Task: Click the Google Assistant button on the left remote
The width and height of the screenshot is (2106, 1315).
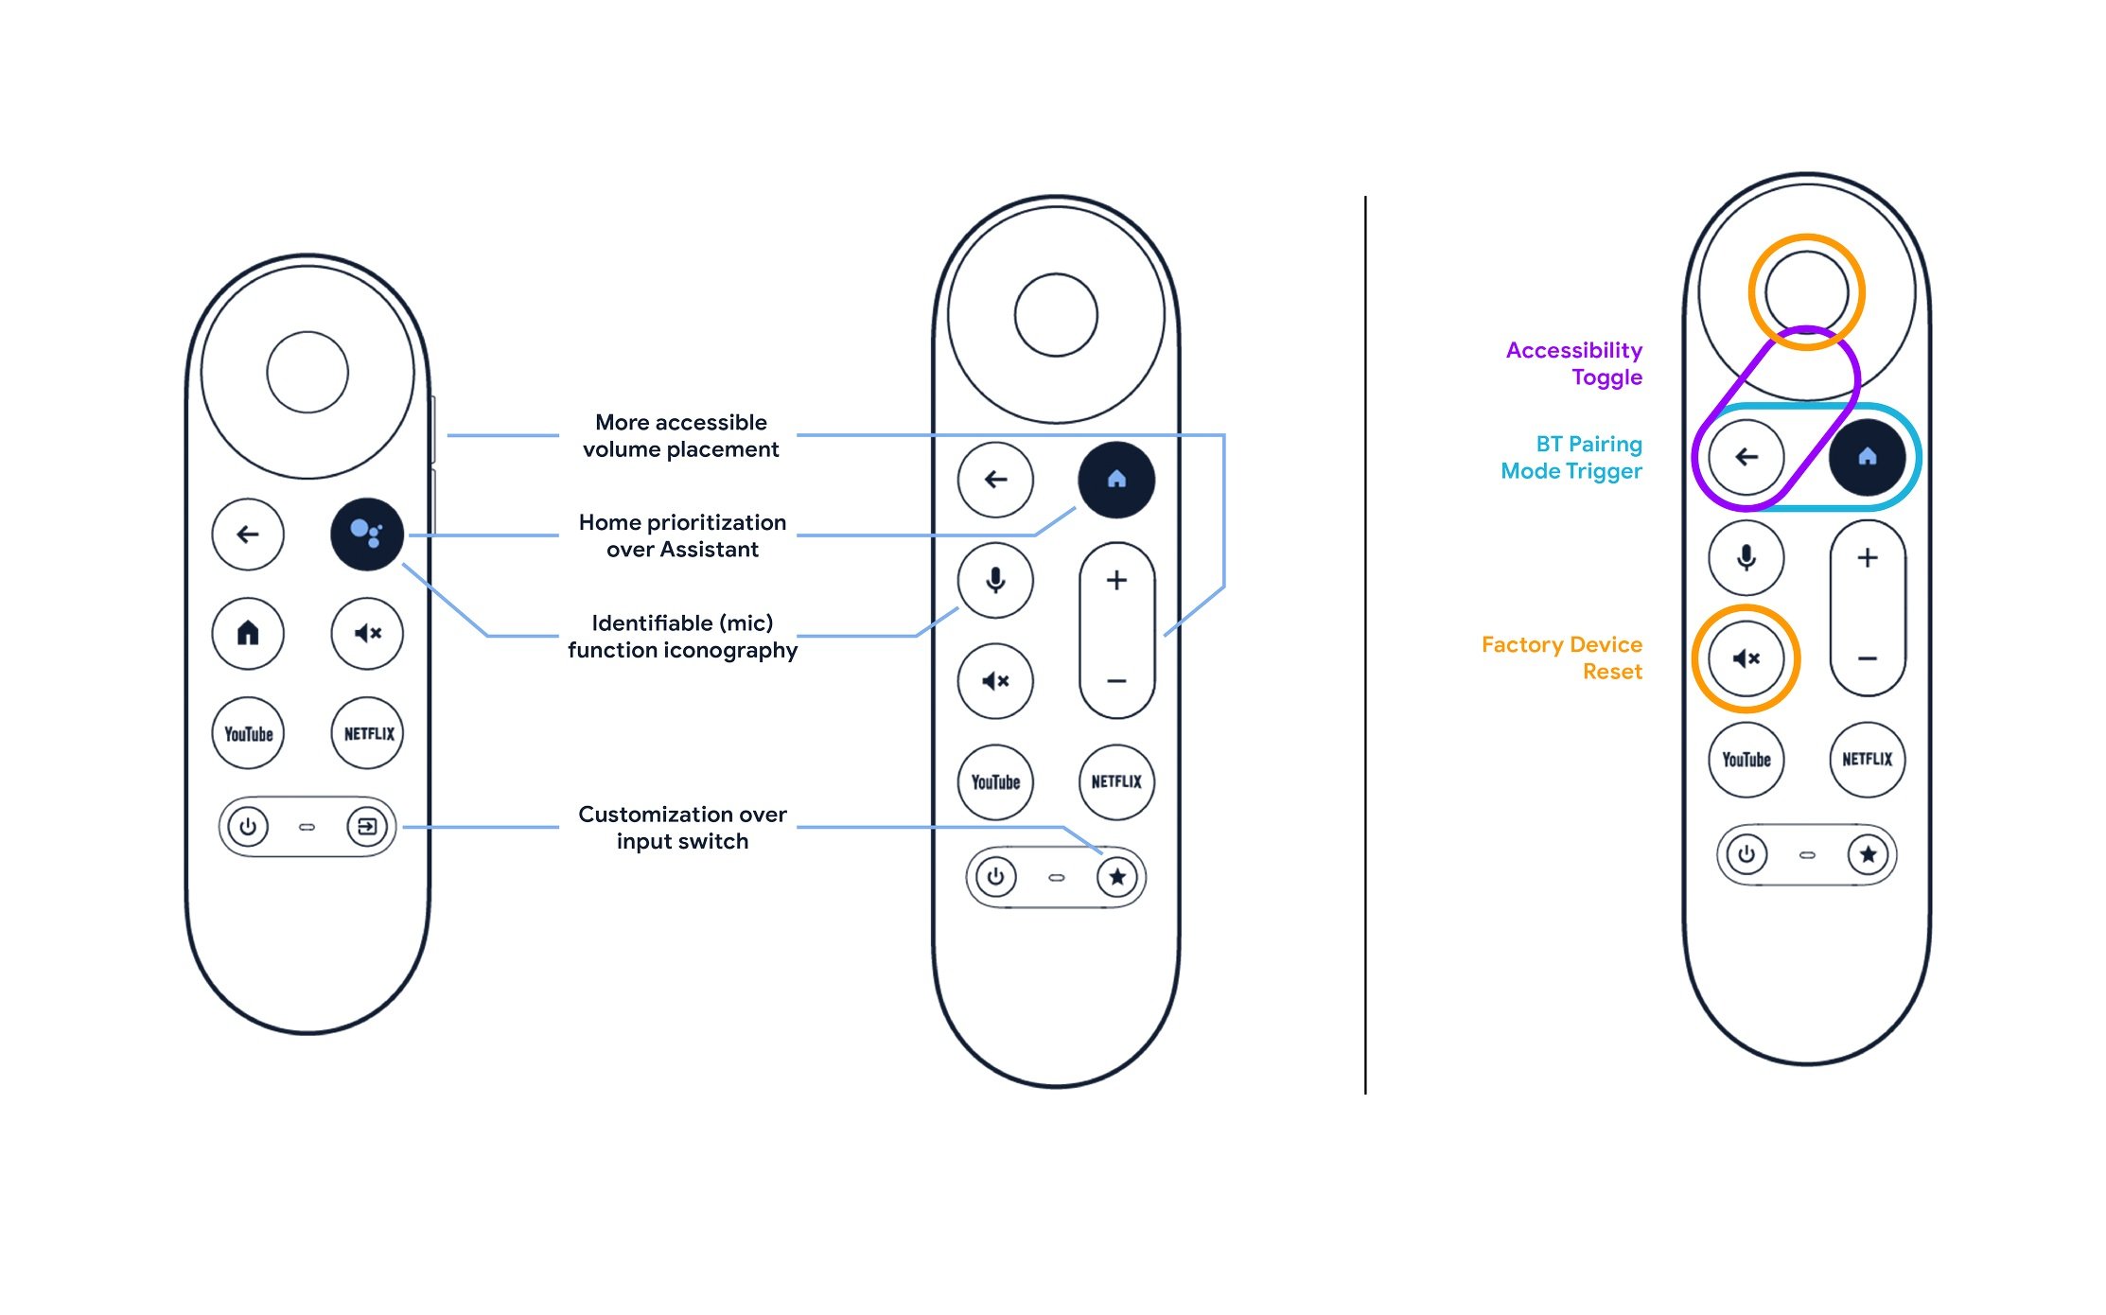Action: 367,534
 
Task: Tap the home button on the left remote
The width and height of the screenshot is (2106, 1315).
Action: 248,633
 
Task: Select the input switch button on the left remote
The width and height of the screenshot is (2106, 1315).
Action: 367,827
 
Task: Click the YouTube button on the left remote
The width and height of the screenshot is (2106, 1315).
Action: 248,733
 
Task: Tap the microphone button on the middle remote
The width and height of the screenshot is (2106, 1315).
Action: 995,580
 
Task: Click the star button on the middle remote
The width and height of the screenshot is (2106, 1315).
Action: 1117,877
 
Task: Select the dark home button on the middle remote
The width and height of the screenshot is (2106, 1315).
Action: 1116,480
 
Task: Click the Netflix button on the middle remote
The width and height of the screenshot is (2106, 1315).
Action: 1116,781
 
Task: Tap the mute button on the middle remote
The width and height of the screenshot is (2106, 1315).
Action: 995,681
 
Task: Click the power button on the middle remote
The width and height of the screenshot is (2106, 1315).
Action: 995,877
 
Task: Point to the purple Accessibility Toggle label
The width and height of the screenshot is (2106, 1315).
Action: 1574,364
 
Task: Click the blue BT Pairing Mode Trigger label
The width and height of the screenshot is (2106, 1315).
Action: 1571,458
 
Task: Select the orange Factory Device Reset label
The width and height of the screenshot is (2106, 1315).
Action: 1562,658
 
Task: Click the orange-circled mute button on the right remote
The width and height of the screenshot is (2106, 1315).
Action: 1746,658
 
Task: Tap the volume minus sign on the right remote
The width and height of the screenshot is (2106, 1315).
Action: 1868,658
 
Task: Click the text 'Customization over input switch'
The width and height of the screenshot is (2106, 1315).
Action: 682,828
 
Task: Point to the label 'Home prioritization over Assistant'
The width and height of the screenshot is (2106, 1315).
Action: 682,535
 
